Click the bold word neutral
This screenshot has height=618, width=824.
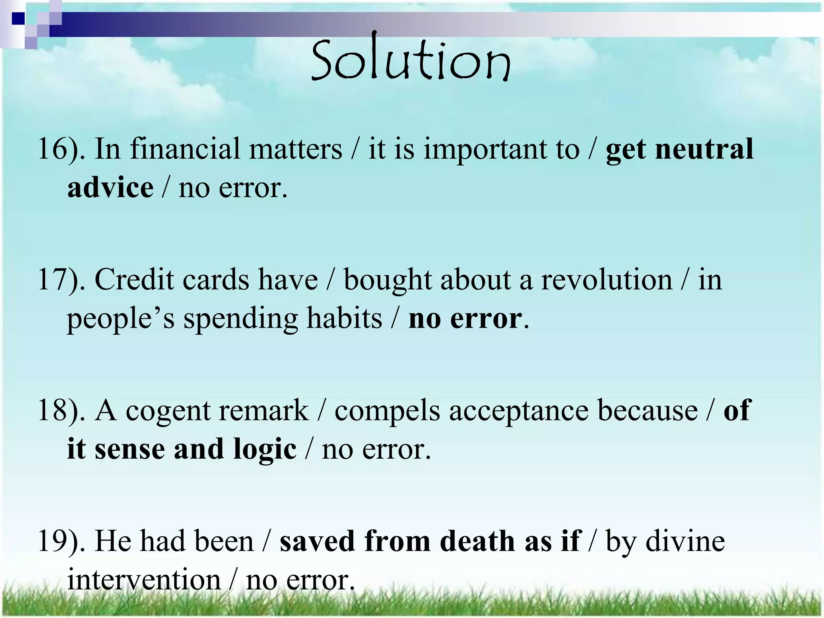[704, 149]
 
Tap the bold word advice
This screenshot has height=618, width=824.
[110, 188]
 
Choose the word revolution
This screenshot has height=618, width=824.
[606, 280]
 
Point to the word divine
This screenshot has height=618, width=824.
[685, 541]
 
